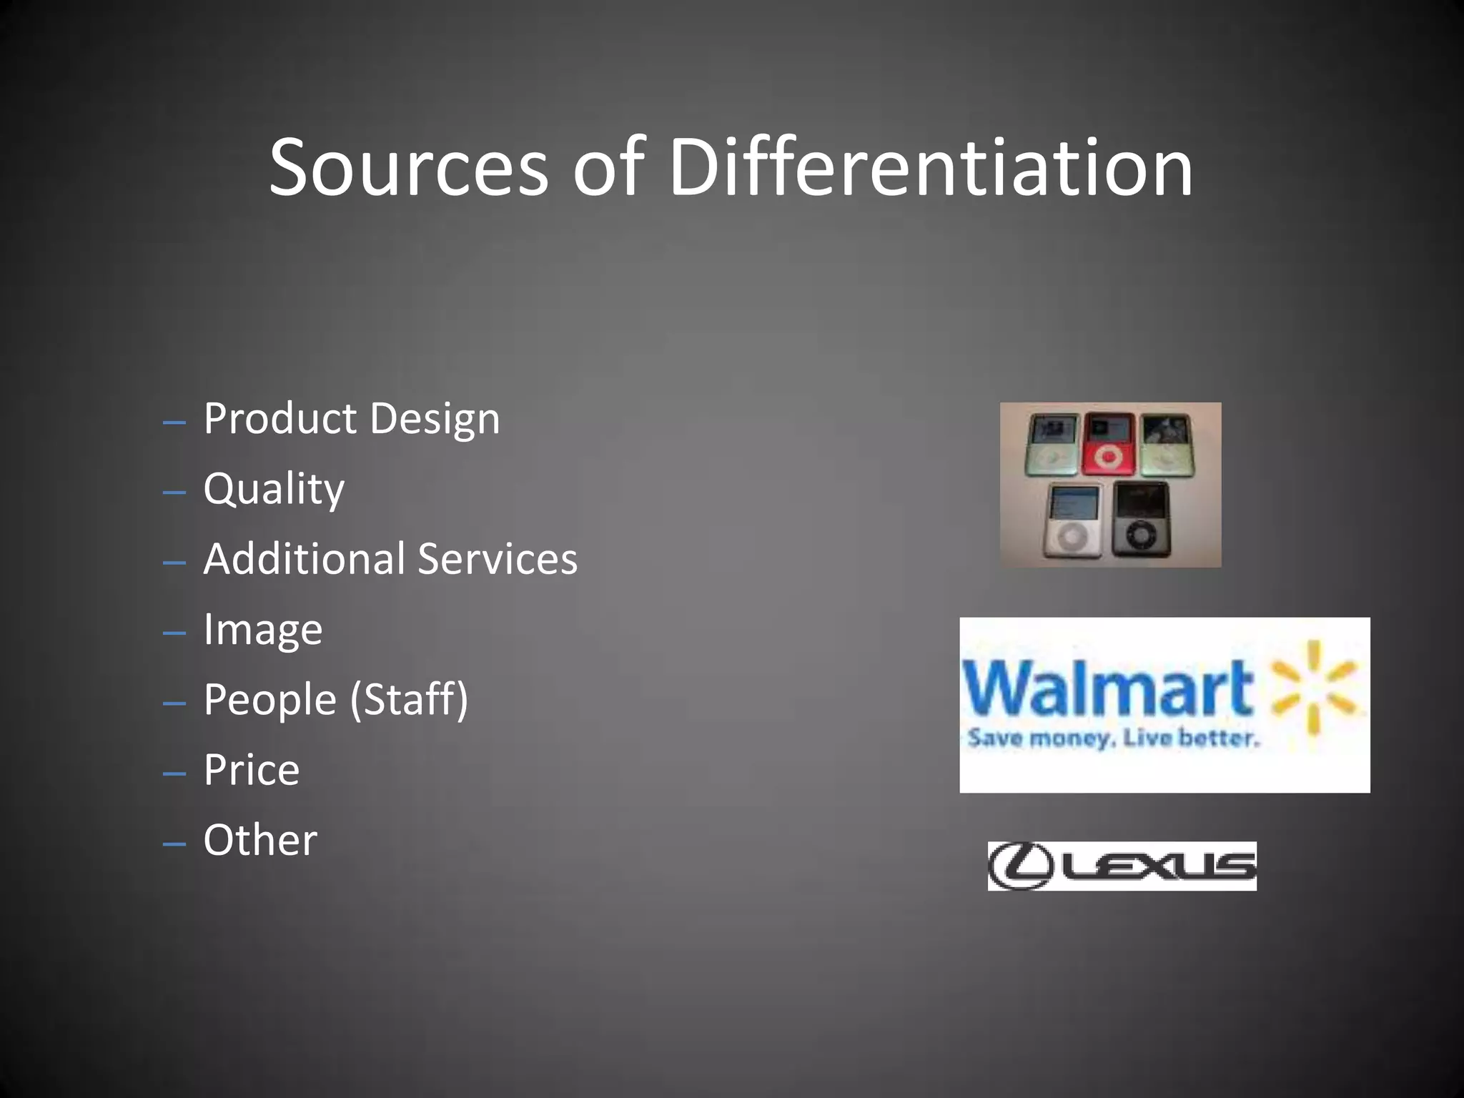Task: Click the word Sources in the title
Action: click(408, 168)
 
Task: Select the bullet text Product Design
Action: click(351, 418)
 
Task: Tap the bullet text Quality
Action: click(274, 489)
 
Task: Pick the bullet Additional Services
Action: click(390, 558)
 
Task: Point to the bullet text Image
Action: click(262, 629)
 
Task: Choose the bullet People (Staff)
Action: click(335, 699)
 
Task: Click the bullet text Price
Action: click(251, 769)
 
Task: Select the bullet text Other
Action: click(260, 839)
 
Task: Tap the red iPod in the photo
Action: click(1107, 444)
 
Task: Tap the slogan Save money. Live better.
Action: click(1112, 738)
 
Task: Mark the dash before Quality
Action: click(174, 493)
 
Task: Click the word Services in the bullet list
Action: click(498, 558)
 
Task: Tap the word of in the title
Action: click(608, 168)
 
